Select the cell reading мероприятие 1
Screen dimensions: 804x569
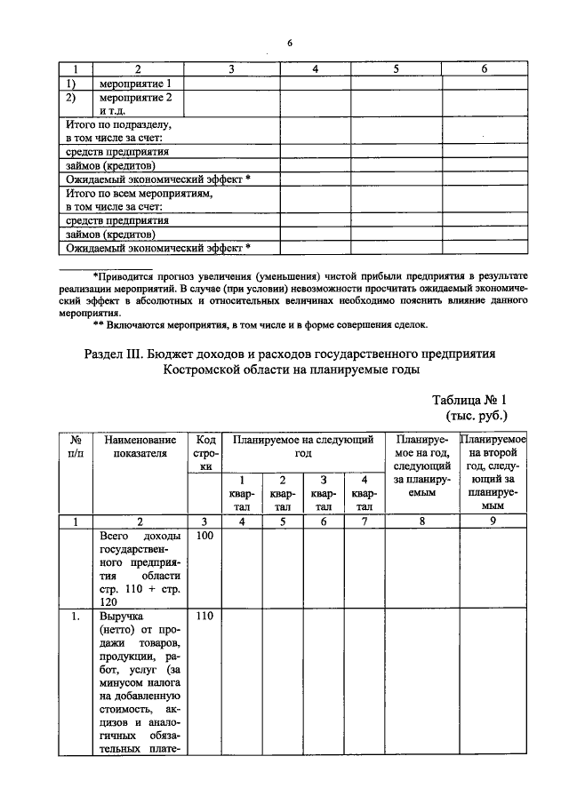click(x=135, y=84)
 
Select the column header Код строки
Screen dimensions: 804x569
click(x=205, y=452)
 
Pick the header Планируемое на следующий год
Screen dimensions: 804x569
click(x=302, y=446)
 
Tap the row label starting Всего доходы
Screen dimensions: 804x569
click(x=140, y=569)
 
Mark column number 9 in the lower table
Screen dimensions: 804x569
click(x=493, y=521)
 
